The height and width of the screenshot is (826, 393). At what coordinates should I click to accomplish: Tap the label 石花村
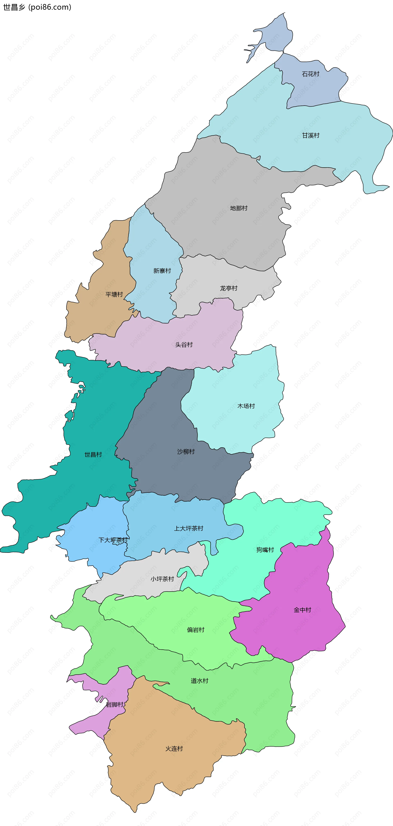(311, 74)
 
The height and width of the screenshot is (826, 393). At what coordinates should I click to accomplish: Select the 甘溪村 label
(311, 136)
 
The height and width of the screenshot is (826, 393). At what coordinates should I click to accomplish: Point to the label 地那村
(239, 208)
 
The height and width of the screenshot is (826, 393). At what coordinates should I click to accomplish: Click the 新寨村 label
(162, 271)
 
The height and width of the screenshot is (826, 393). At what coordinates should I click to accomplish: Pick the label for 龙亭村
(228, 288)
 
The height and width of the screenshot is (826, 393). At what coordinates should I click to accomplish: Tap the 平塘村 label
(114, 294)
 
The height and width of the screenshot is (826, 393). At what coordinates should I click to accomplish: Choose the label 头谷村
(184, 345)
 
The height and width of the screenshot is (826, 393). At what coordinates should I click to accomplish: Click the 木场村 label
(246, 406)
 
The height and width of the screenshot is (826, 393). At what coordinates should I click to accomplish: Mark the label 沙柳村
(186, 452)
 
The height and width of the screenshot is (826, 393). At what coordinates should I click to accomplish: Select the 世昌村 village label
(93, 455)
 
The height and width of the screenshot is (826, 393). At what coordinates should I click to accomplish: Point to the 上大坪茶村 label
(189, 528)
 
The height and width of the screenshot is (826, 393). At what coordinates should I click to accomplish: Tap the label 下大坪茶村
(113, 540)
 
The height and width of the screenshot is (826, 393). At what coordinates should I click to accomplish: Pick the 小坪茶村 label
(162, 579)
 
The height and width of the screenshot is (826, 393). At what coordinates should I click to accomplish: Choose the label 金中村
(302, 610)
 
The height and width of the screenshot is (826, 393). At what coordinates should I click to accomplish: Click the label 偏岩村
(195, 630)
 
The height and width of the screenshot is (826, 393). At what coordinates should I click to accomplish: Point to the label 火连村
(174, 749)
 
